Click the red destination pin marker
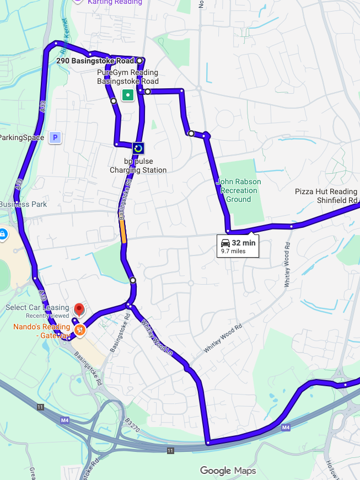[78, 310]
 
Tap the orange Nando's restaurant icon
[79, 330]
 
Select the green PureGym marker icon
[128, 95]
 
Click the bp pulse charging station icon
[138, 148]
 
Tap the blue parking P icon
[55, 137]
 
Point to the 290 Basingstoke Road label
[95, 61]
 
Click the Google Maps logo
[228, 471]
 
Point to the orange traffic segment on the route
[123, 232]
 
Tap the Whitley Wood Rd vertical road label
[287, 269]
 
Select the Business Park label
[23, 204]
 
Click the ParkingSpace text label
[22, 137]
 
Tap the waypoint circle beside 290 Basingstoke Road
[139, 61]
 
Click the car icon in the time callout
[225, 243]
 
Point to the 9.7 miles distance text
[233, 251]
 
